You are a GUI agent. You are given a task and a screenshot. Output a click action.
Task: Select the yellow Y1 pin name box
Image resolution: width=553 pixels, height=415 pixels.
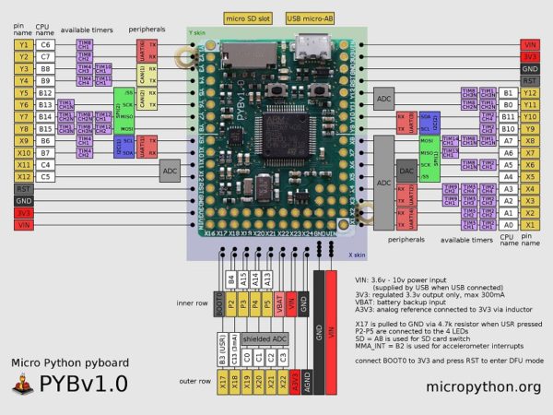point(23,43)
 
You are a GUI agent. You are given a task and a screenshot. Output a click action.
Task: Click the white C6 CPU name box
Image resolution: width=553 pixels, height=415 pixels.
point(46,43)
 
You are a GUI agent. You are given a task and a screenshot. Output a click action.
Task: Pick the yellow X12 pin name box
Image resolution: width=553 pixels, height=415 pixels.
point(23,175)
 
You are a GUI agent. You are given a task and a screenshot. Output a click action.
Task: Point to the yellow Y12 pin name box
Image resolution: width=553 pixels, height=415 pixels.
point(530,92)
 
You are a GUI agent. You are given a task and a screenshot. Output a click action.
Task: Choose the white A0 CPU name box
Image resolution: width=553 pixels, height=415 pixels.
point(507,211)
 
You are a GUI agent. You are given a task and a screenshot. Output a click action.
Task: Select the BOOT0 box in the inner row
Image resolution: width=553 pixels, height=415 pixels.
point(219,301)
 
